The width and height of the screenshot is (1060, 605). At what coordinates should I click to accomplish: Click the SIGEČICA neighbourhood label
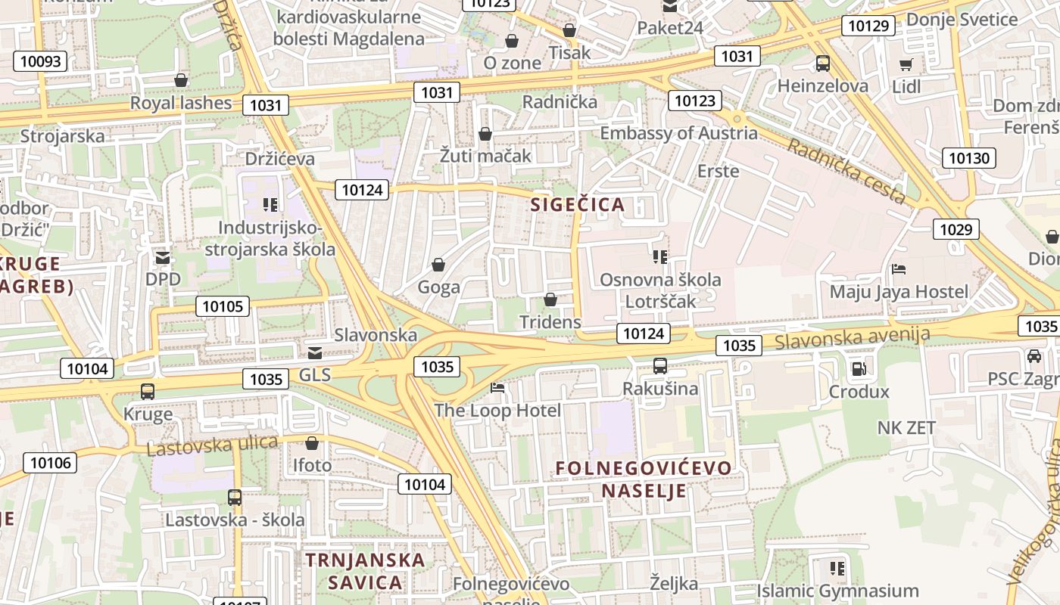click(x=578, y=204)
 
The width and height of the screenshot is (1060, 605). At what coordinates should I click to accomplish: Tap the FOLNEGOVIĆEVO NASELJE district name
click(x=644, y=479)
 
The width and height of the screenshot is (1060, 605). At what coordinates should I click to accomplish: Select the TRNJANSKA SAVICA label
click(x=365, y=571)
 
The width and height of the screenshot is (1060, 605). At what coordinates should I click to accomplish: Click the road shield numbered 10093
click(x=40, y=61)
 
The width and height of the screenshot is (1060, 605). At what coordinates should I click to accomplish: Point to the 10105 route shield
click(x=223, y=306)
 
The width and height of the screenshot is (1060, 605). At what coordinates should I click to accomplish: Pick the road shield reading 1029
click(x=956, y=229)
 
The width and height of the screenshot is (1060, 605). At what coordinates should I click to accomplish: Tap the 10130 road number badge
click(x=968, y=158)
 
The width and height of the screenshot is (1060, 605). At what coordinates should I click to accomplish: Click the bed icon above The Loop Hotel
click(x=497, y=388)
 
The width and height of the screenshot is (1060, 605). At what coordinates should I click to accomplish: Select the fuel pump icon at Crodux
click(x=859, y=368)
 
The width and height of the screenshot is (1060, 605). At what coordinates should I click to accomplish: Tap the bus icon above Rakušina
click(x=660, y=366)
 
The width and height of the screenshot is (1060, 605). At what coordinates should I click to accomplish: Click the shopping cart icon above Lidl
click(x=906, y=64)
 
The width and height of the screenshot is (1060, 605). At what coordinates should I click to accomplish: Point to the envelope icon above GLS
click(x=314, y=352)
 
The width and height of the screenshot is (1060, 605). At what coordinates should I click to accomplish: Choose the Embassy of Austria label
click(x=678, y=133)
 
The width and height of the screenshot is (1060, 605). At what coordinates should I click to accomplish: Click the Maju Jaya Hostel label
click(x=899, y=291)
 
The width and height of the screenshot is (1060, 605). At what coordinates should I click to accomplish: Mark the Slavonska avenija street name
click(x=852, y=338)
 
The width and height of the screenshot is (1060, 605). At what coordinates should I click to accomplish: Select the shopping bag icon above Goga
click(x=438, y=265)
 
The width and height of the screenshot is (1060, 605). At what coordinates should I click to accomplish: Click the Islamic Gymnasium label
click(x=837, y=591)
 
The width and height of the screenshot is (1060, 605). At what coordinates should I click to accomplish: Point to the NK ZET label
click(x=906, y=427)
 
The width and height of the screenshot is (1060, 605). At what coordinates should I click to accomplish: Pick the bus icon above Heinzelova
click(x=823, y=64)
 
